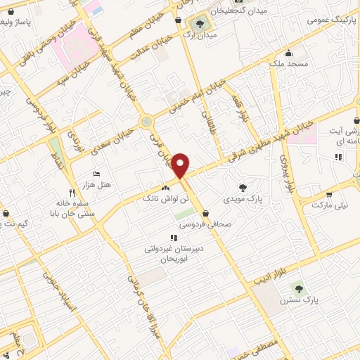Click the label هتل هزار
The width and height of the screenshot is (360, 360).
coord(98,184)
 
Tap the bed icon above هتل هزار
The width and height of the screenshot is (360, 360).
coord(97,174)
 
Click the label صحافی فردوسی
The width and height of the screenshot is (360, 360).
coord(204,225)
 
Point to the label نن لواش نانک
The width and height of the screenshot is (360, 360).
coord(167,200)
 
